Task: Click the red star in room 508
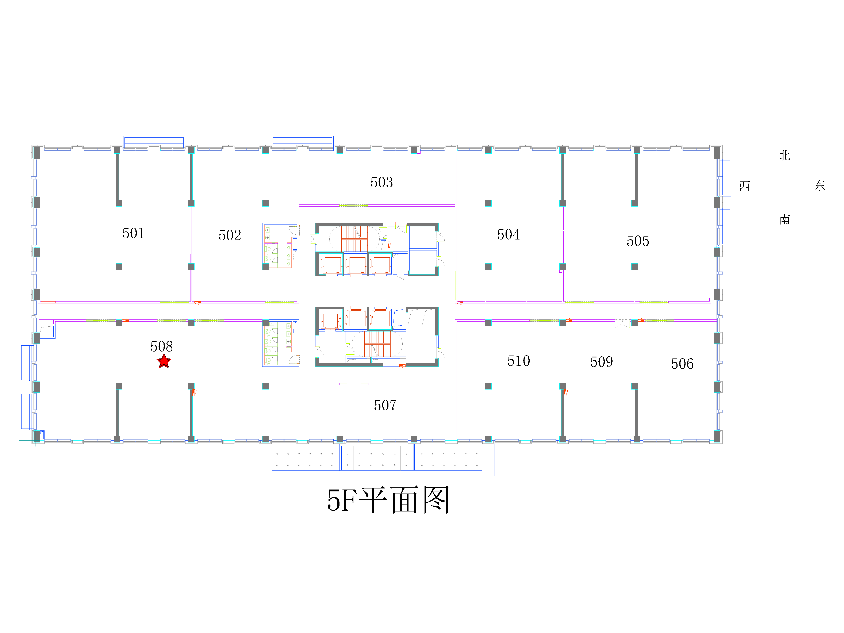164,361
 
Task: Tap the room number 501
133,233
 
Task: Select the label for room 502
230,235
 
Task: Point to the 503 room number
381,182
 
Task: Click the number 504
508,234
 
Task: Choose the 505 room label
638,241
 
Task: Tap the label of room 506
682,364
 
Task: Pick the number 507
385,405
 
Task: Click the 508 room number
161,346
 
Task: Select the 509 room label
601,362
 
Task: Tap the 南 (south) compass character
784,219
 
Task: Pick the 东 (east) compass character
820,186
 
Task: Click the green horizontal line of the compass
785,186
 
